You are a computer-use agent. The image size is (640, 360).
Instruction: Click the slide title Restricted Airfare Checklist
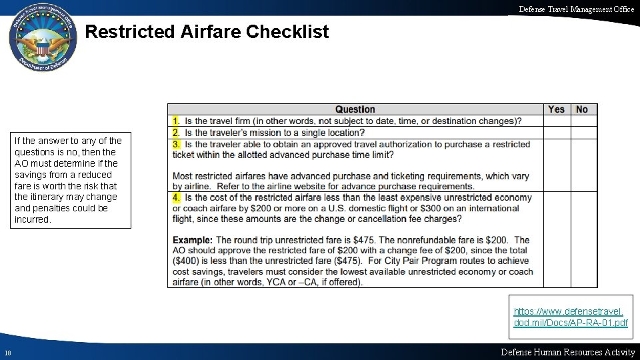(x=207, y=32)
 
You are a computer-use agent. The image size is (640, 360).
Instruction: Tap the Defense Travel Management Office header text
(x=577, y=9)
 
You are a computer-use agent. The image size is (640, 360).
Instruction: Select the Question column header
(x=355, y=109)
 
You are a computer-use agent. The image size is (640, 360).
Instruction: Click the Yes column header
(x=556, y=109)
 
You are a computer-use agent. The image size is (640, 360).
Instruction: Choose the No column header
(x=582, y=109)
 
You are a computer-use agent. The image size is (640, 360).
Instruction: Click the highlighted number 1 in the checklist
(x=176, y=121)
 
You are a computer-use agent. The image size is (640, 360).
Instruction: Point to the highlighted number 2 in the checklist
(x=176, y=133)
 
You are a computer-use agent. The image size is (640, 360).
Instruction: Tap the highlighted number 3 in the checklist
(x=176, y=144)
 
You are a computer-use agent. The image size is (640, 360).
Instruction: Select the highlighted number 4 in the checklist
(x=176, y=197)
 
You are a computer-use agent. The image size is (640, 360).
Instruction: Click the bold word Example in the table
(x=192, y=240)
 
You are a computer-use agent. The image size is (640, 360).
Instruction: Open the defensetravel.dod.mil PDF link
(x=571, y=317)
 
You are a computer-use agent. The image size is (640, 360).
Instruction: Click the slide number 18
(x=7, y=353)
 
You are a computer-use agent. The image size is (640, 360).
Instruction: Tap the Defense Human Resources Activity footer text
(x=567, y=352)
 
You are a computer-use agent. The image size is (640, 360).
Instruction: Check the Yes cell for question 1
(x=556, y=121)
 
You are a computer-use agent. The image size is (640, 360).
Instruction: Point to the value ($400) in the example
(x=186, y=261)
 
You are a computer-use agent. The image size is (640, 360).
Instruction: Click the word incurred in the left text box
(x=33, y=219)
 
